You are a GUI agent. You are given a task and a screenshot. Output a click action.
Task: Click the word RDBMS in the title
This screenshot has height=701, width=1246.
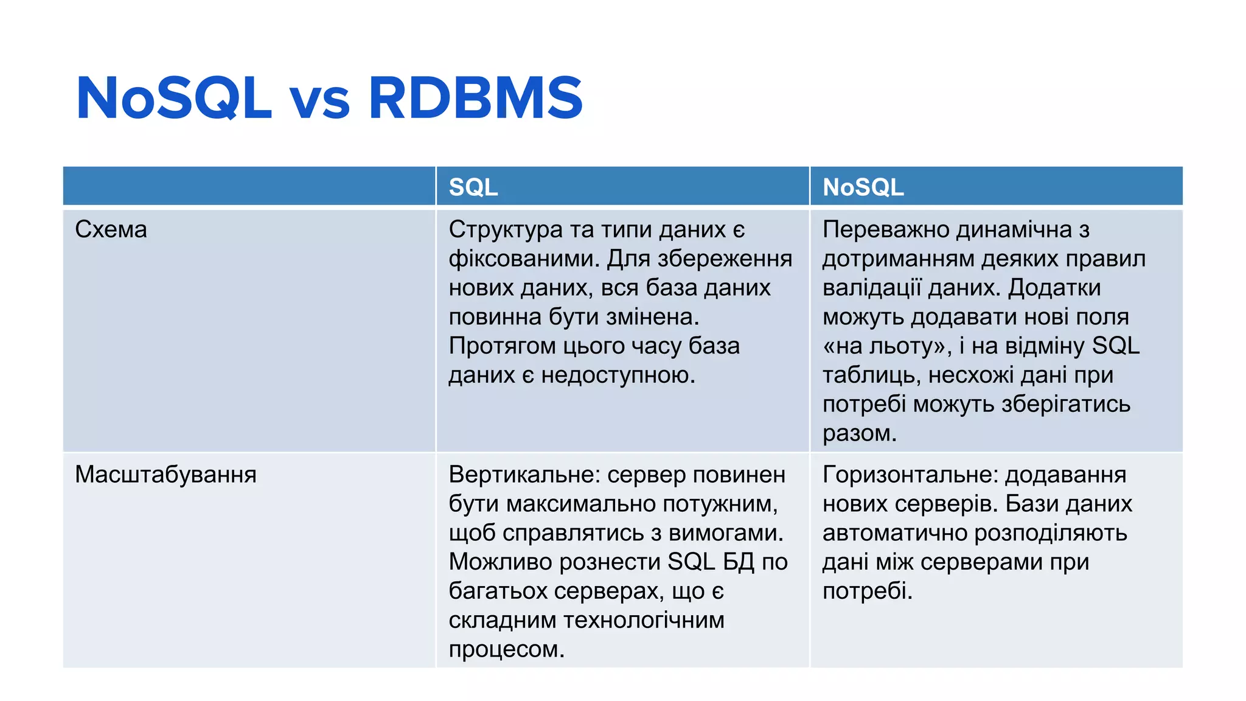coord(475,98)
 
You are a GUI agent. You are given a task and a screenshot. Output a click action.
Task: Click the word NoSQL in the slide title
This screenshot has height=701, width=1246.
coord(173,98)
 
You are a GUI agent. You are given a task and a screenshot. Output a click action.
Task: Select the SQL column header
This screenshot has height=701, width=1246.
coord(473,187)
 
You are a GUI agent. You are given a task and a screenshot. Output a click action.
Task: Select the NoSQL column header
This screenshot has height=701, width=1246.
coord(863,187)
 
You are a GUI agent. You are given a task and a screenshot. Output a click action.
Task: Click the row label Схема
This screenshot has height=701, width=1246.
coord(111,229)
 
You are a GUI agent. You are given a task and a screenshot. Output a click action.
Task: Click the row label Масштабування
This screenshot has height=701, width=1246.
coord(165,475)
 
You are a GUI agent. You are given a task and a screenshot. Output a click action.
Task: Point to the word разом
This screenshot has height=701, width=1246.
coord(859,433)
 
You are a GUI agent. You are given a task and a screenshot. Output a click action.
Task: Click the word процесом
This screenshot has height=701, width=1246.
coord(506,649)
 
